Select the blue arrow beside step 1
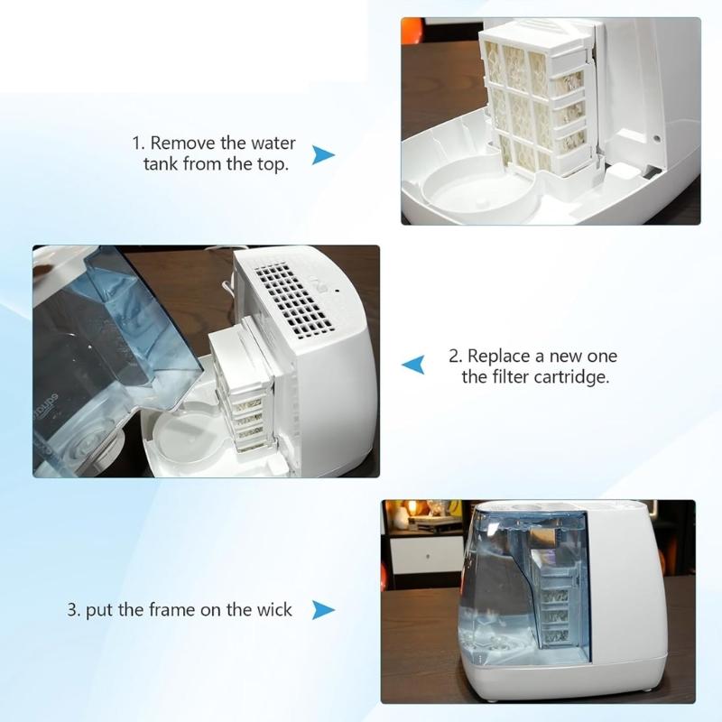pos(323,155)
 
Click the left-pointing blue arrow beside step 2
pos(413,365)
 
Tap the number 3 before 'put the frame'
pos(72,610)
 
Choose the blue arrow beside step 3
pos(318,611)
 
